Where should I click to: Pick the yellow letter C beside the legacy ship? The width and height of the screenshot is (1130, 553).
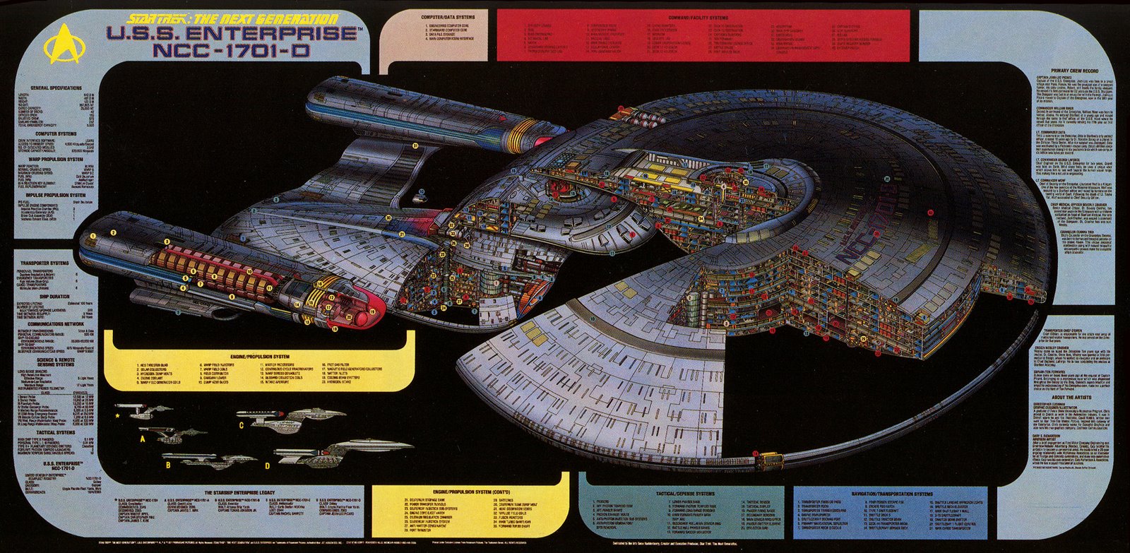241,424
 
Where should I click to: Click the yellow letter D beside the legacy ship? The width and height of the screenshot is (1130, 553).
267,465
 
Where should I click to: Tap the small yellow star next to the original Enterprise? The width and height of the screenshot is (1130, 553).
117,417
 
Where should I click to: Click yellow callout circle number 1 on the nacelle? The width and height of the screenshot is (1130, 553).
93,235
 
